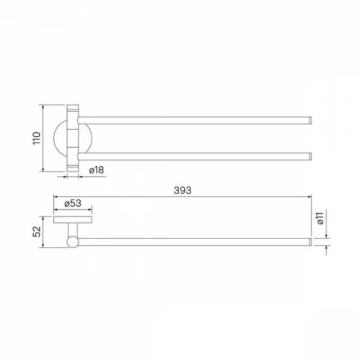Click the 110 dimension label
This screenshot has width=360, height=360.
37,138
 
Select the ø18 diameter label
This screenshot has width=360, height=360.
97,170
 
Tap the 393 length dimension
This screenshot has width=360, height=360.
182,190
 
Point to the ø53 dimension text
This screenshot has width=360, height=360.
73,203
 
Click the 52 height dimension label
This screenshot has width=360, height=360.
37,232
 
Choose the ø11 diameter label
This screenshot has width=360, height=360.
320,218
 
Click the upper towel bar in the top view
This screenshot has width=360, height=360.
194,121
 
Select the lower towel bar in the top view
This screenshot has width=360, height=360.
194,157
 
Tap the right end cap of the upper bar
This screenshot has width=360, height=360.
310,121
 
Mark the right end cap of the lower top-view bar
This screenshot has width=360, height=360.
310,157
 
